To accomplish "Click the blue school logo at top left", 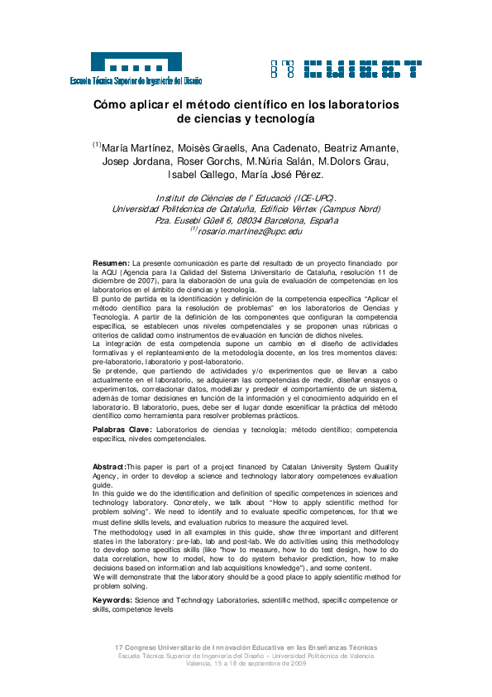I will click(136, 67).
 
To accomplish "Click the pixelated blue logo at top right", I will click(346, 68).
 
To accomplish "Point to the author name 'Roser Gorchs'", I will click(217, 161).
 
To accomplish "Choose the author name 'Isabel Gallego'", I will click(201, 175).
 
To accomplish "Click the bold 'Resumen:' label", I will click(111, 262).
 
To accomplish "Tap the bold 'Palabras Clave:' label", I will click(122, 430).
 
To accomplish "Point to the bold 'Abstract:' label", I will click(109, 469).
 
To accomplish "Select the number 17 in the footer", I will click(119, 647).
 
